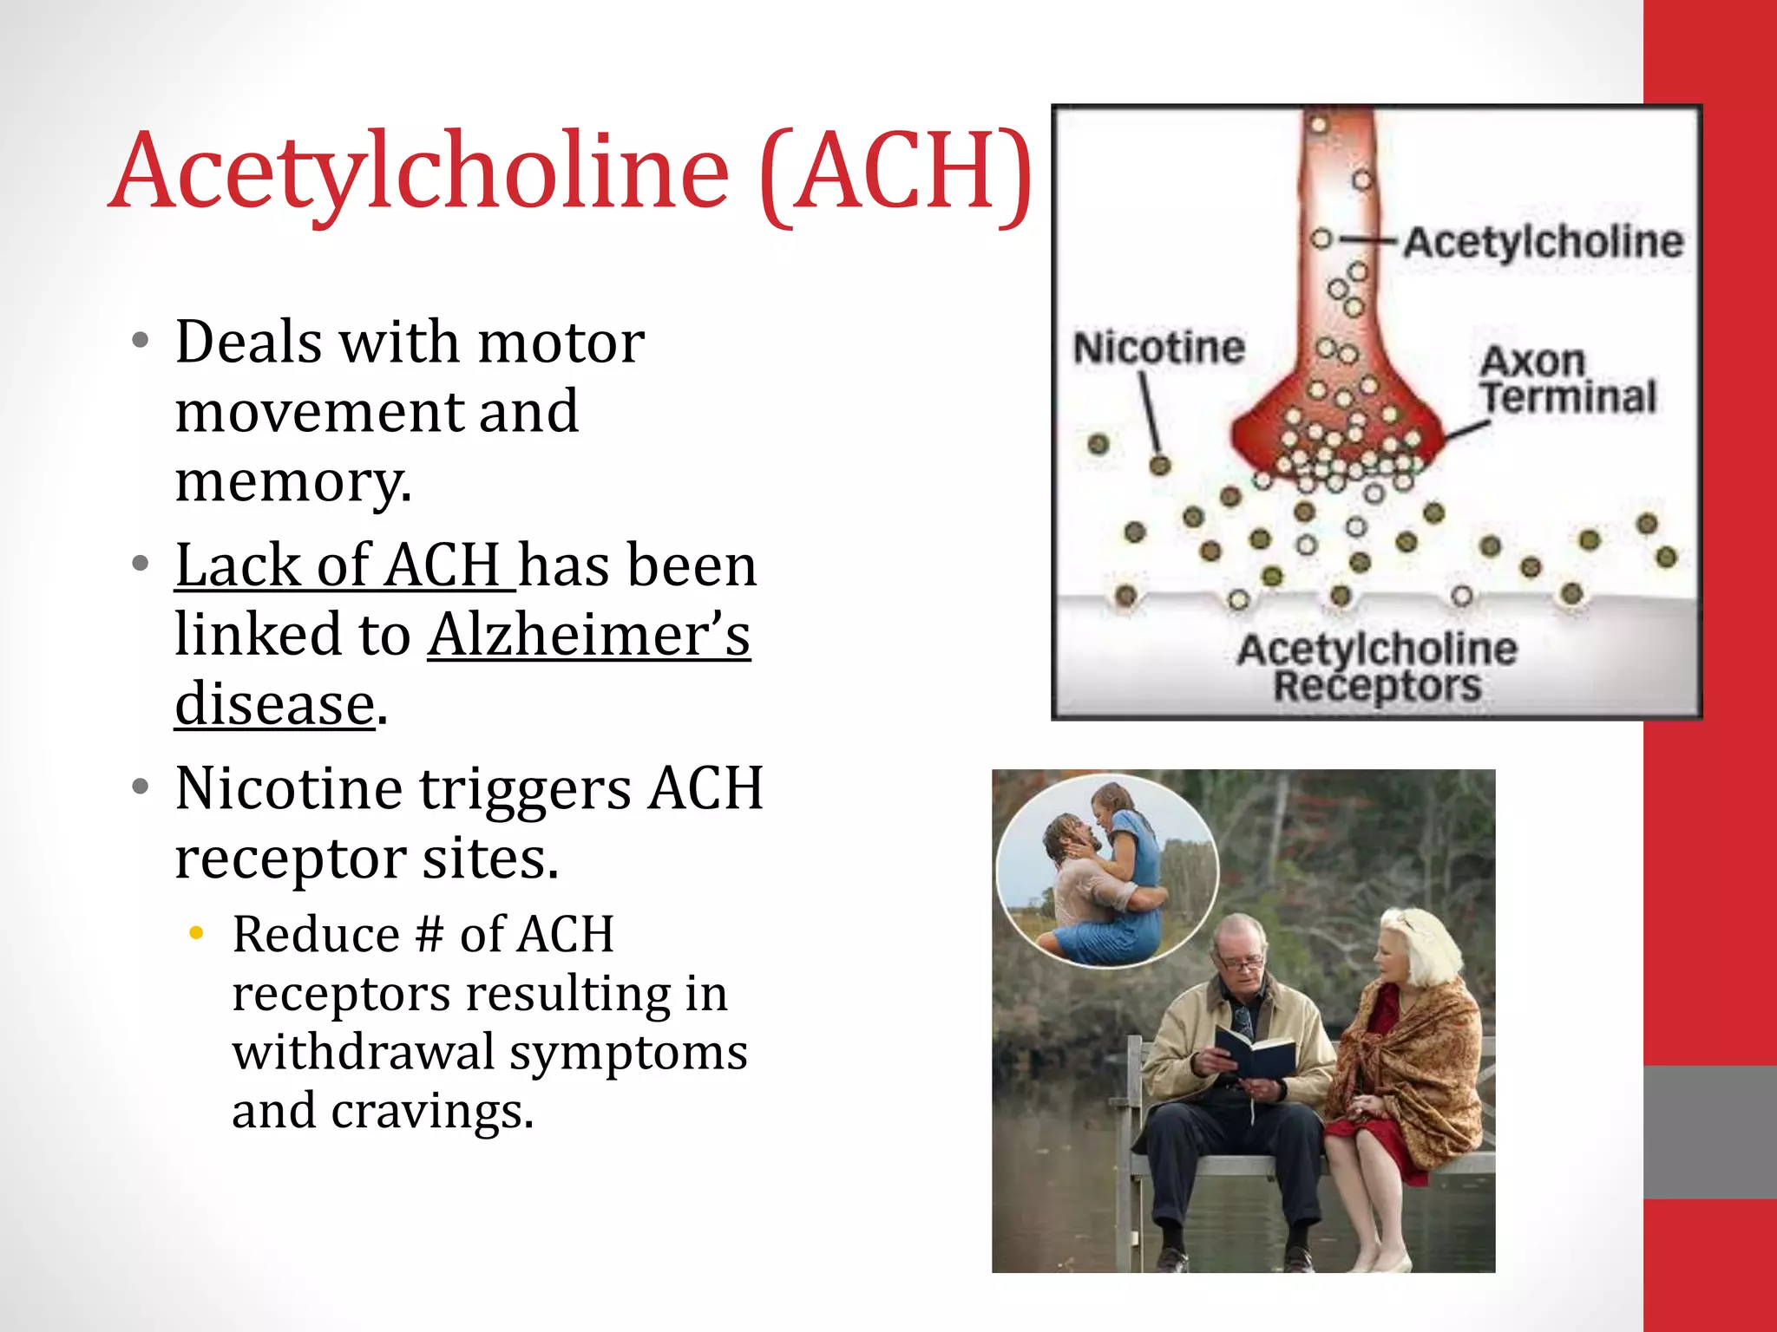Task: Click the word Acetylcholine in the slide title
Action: coord(421,172)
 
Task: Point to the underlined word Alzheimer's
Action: coord(588,635)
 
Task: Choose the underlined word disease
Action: coord(275,703)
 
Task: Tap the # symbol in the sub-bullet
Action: coord(429,935)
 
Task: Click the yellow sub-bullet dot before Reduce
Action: coord(197,933)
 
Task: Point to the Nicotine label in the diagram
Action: coord(1158,348)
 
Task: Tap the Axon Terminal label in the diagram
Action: coord(1567,380)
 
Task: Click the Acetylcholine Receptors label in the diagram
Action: coord(1377,666)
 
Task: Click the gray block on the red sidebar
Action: coord(1709,1132)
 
